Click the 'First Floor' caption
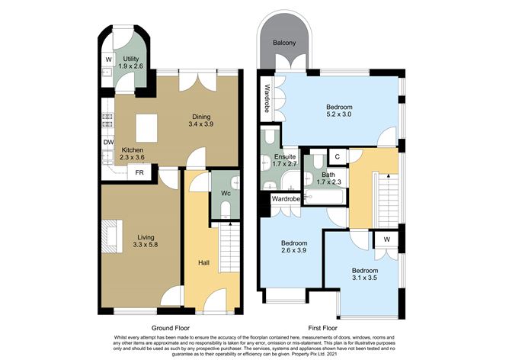tap(328, 326)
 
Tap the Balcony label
tap(284, 43)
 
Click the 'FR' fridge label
tap(140, 173)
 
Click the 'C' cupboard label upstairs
tap(337, 157)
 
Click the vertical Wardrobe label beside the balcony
tap(267, 98)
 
